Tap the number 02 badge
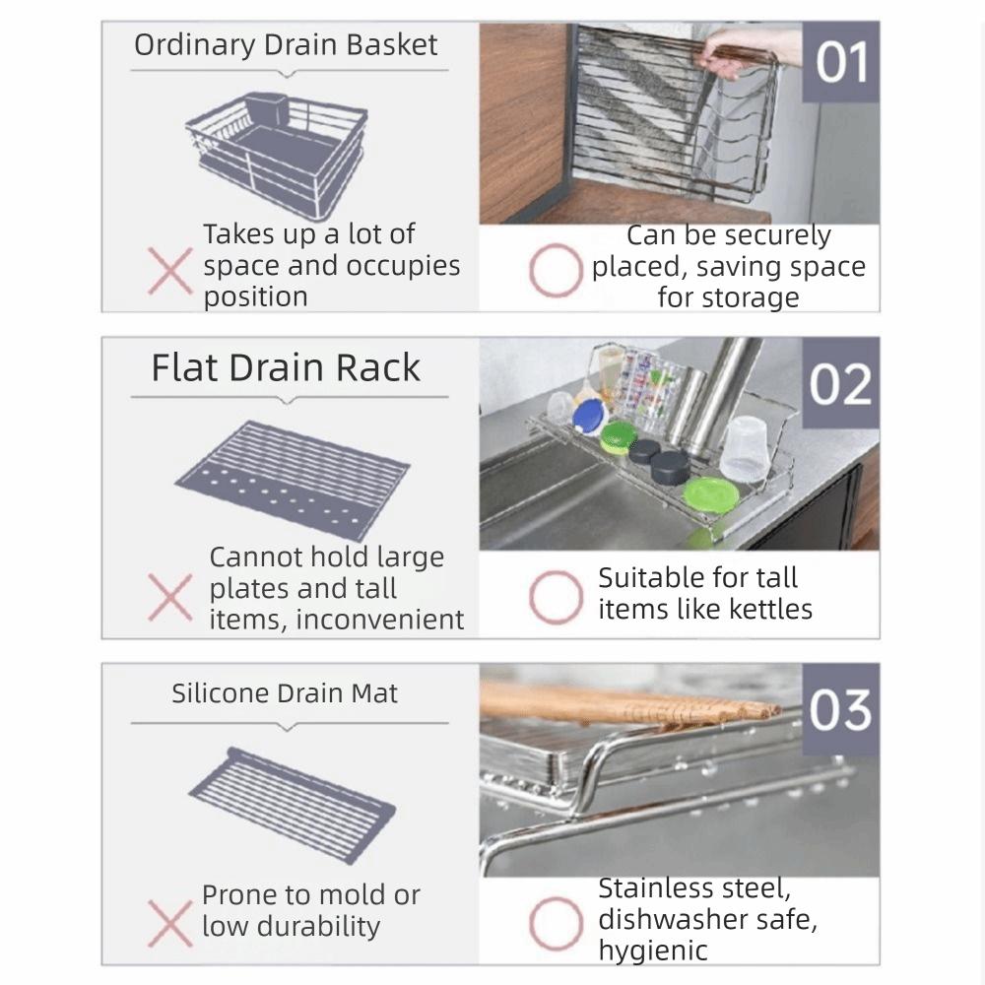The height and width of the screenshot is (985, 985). coord(840,384)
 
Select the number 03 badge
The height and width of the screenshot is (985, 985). coord(839,709)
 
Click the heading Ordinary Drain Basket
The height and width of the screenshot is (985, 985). coord(286,45)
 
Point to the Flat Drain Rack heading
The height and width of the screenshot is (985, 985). coord(286,367)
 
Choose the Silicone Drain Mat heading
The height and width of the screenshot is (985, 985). coord(285,692)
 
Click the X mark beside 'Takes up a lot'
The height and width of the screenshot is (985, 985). coord(169,272)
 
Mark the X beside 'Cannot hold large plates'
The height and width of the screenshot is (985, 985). coord(169,597)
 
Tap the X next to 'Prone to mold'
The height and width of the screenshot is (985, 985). coord(169,922)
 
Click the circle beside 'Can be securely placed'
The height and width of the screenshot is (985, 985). coord(554,272)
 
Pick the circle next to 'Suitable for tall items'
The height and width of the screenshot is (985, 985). coord(554,597)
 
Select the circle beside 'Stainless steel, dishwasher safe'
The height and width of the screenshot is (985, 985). coord(554,922)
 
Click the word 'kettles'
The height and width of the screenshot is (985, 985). coord(764,610)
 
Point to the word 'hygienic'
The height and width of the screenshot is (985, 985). coord(653,952)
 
